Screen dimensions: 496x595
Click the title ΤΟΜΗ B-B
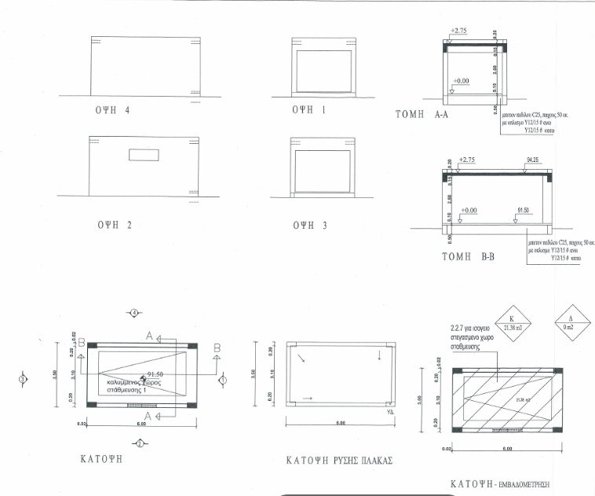click(x=462, y=256)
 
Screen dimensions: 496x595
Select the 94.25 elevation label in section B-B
click(x=535, y=160)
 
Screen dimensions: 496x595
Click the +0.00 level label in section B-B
click(x=469, y=211)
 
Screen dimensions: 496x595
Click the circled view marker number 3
click(x=23, y=379)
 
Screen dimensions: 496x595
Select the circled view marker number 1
click(x=222, y=379)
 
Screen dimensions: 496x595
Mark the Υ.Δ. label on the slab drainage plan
click(x=390, y=411)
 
